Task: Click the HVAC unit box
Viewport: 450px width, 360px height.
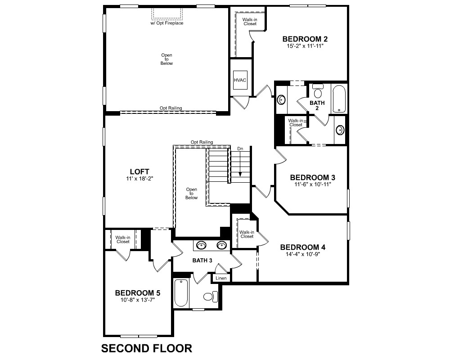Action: click(240, 80)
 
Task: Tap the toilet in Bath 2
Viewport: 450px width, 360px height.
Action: click(318, 91)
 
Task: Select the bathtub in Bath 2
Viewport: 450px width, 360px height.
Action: click(339, 99)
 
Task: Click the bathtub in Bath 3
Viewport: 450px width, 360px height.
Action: click(181, 293)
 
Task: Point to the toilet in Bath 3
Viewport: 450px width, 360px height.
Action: click(210, 297)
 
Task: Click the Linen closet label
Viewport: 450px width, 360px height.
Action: click(221, 278)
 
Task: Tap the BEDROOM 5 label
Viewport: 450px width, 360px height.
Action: click(137, 293)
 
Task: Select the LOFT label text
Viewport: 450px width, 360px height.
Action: click(139, 171)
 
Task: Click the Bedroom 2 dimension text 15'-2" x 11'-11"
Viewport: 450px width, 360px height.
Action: click(305, 46)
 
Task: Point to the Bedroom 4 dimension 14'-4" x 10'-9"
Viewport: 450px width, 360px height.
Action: click(303, 254)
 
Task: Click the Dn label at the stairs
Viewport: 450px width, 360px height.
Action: click(240, 148)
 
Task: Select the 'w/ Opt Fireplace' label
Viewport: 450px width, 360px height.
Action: click(167, 23)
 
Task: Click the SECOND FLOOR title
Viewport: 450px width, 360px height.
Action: click(147, 348)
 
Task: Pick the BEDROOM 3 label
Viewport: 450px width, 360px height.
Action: click(313, 177)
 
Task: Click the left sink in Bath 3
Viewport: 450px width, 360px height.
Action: click(202, 245)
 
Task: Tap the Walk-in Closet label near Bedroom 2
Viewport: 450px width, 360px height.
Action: click(250, 22)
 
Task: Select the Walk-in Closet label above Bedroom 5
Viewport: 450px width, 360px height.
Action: click(123, 239)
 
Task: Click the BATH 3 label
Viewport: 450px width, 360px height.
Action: click(202, 261)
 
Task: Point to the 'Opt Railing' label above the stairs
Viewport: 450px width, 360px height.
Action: click(202, 142)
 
